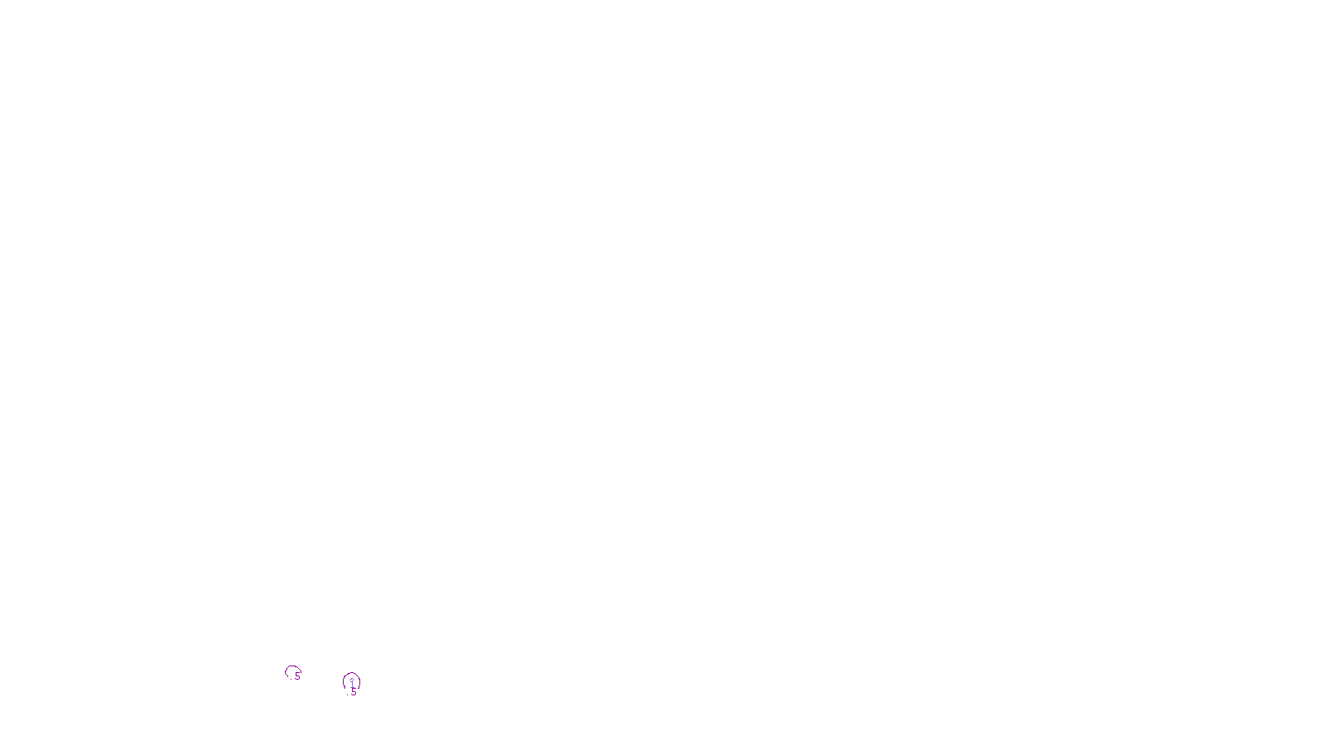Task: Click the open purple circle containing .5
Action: point(292,673)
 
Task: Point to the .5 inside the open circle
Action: point(296,677)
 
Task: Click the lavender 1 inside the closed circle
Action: point(352,682)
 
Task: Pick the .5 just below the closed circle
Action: point(353,693)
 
